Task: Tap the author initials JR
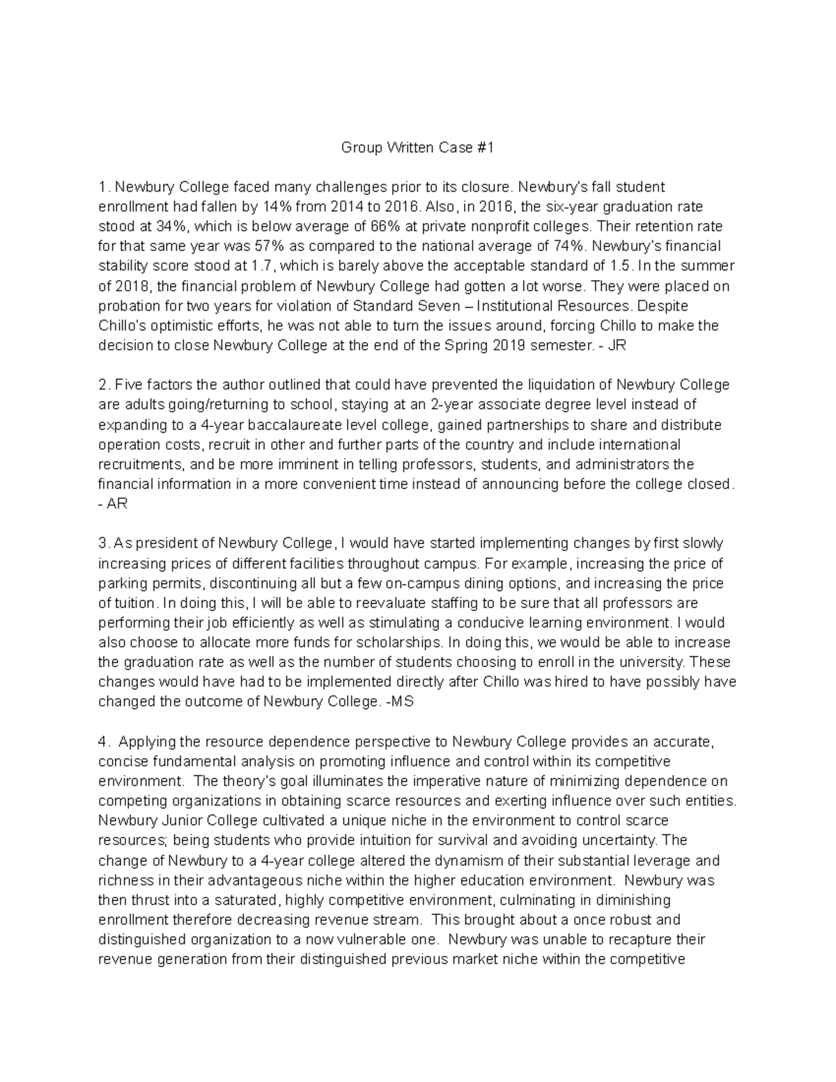pos(617,346)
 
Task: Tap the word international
pos(625,445)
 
